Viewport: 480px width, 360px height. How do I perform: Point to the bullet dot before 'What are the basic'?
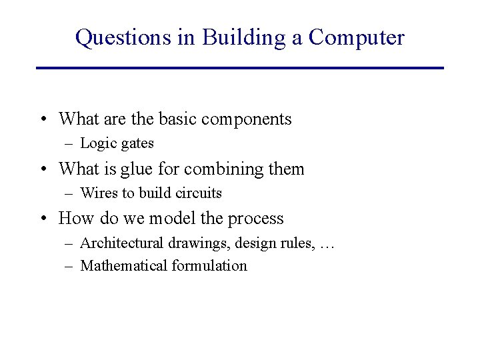pyautogui.click(x=42, y=120)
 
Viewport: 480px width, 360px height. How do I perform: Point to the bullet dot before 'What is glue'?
pyautogui.click(x=42, y=169)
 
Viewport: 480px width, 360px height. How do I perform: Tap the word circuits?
pyautogui.click(x=199, y=193)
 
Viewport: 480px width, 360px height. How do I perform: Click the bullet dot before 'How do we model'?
pyautogui.click(x=42, y=219)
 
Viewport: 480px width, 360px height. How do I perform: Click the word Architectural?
pyautogui.click(x=121, y=243)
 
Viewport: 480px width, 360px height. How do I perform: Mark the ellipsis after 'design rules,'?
pyautogui.click(x=325, y=245)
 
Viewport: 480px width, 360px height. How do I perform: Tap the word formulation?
pyautogui.click(x=209, y=266)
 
